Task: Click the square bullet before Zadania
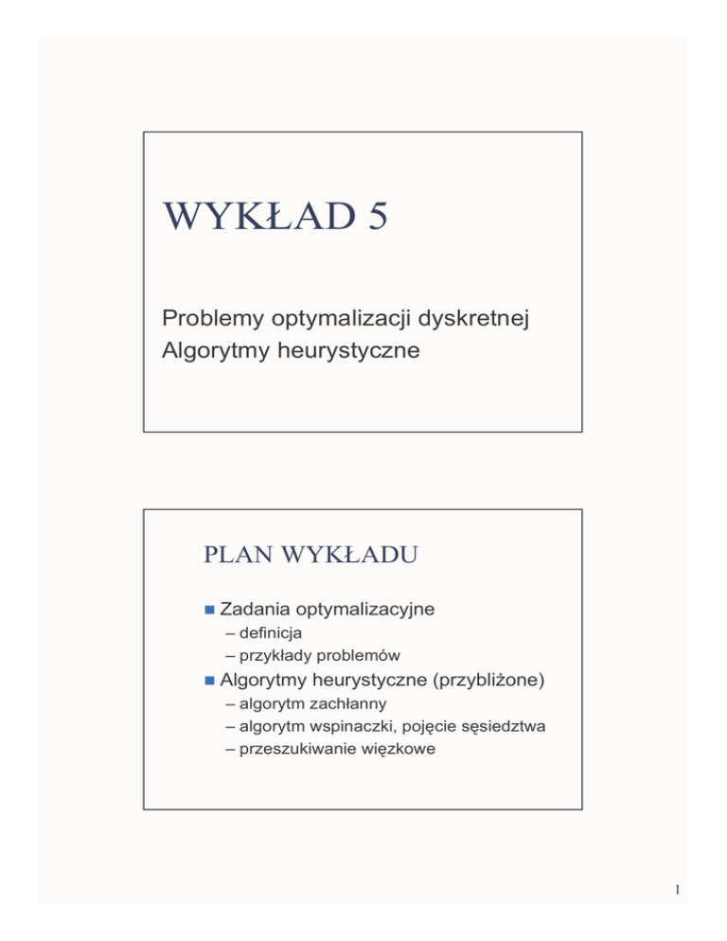click(208, 609)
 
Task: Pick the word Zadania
click(254, 609)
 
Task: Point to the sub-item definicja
click(264, 633)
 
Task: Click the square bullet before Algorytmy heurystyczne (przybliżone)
click(208, 680)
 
